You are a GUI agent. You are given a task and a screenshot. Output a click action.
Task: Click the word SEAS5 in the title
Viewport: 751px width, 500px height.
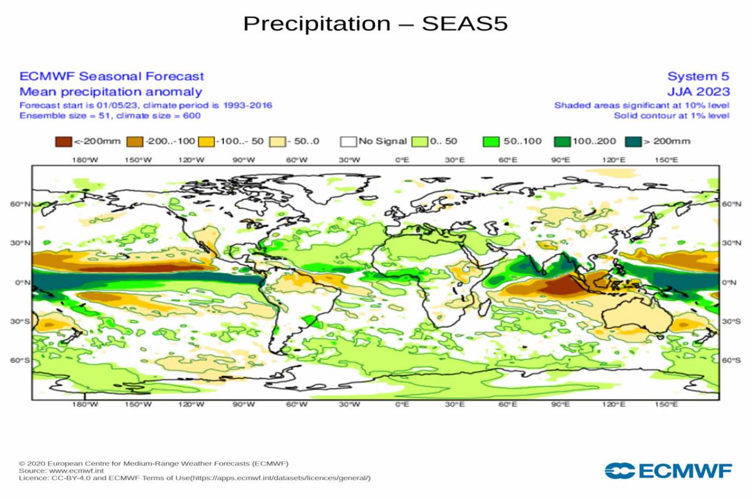[464, 24]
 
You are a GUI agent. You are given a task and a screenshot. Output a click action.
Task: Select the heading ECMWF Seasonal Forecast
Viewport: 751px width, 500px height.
[111, 76]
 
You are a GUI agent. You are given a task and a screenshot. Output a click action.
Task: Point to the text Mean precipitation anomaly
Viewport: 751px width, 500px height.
[110, 91]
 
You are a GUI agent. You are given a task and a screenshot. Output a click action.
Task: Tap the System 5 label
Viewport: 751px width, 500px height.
[698, 76]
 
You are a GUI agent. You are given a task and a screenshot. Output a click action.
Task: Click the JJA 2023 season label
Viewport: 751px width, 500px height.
[698, 91]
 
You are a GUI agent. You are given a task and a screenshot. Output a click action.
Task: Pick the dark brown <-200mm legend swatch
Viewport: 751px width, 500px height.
[64, 141]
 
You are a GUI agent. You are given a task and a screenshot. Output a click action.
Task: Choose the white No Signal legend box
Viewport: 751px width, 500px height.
[349, 141]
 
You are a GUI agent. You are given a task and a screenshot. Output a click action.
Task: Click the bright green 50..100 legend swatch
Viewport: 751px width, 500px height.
[491, 141]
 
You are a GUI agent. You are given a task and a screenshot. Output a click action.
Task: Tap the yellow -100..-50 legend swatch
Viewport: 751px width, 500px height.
[207, 141]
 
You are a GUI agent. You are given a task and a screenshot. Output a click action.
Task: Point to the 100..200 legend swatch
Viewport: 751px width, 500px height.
[563, 141]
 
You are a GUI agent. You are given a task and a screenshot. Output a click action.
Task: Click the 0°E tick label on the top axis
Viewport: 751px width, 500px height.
[402, 159]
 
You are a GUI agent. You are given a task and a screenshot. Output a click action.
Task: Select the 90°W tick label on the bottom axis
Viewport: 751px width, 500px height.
[243, 405]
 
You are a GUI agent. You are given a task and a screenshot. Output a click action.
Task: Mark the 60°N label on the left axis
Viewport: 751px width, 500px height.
[18, 204]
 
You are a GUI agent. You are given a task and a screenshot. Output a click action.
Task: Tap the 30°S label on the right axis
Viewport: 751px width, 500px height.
[731, 322]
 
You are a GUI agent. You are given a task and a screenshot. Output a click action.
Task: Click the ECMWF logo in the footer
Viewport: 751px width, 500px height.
[668, 471]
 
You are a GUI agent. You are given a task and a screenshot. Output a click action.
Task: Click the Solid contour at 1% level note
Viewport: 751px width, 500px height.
[671, 115]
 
